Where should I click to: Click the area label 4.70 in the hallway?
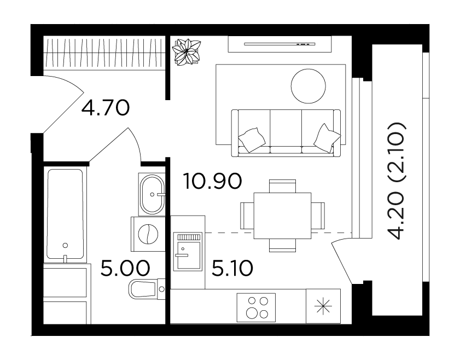click(106, 108)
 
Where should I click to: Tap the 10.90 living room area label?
click(212, 181)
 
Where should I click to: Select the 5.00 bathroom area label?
click(125, 268)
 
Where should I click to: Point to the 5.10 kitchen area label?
click(232, 268)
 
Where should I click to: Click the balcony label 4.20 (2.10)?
click(397, 181)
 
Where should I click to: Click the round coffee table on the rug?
click(308, 86)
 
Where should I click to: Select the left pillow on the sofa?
click(252, 140)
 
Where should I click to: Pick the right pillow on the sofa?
click(327, 138)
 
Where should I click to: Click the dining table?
click(283, 216)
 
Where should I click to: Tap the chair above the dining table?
click(283, 186)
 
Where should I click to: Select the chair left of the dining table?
click(247, 216)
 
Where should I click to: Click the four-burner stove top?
click(257, 307)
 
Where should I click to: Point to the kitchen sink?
click(188, 252)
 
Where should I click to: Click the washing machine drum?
click(148, 234)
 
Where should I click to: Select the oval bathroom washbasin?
click(152, 194)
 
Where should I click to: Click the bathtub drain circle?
click(66, 245)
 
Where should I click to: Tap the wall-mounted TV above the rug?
click(280, 44)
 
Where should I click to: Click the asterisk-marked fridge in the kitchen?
click(323, 306)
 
